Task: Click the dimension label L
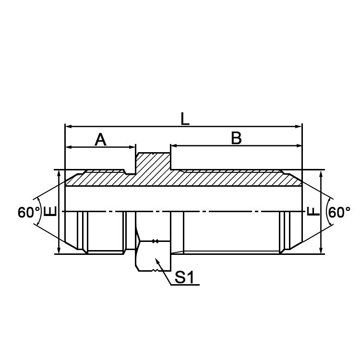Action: pos(185,119)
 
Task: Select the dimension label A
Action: pos(100,139)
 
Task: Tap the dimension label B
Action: pos(236,138)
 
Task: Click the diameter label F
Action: pos(312,211)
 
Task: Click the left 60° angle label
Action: pos(29,212)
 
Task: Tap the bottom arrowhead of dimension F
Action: pos(322,251)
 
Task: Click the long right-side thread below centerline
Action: pos(230,231)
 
